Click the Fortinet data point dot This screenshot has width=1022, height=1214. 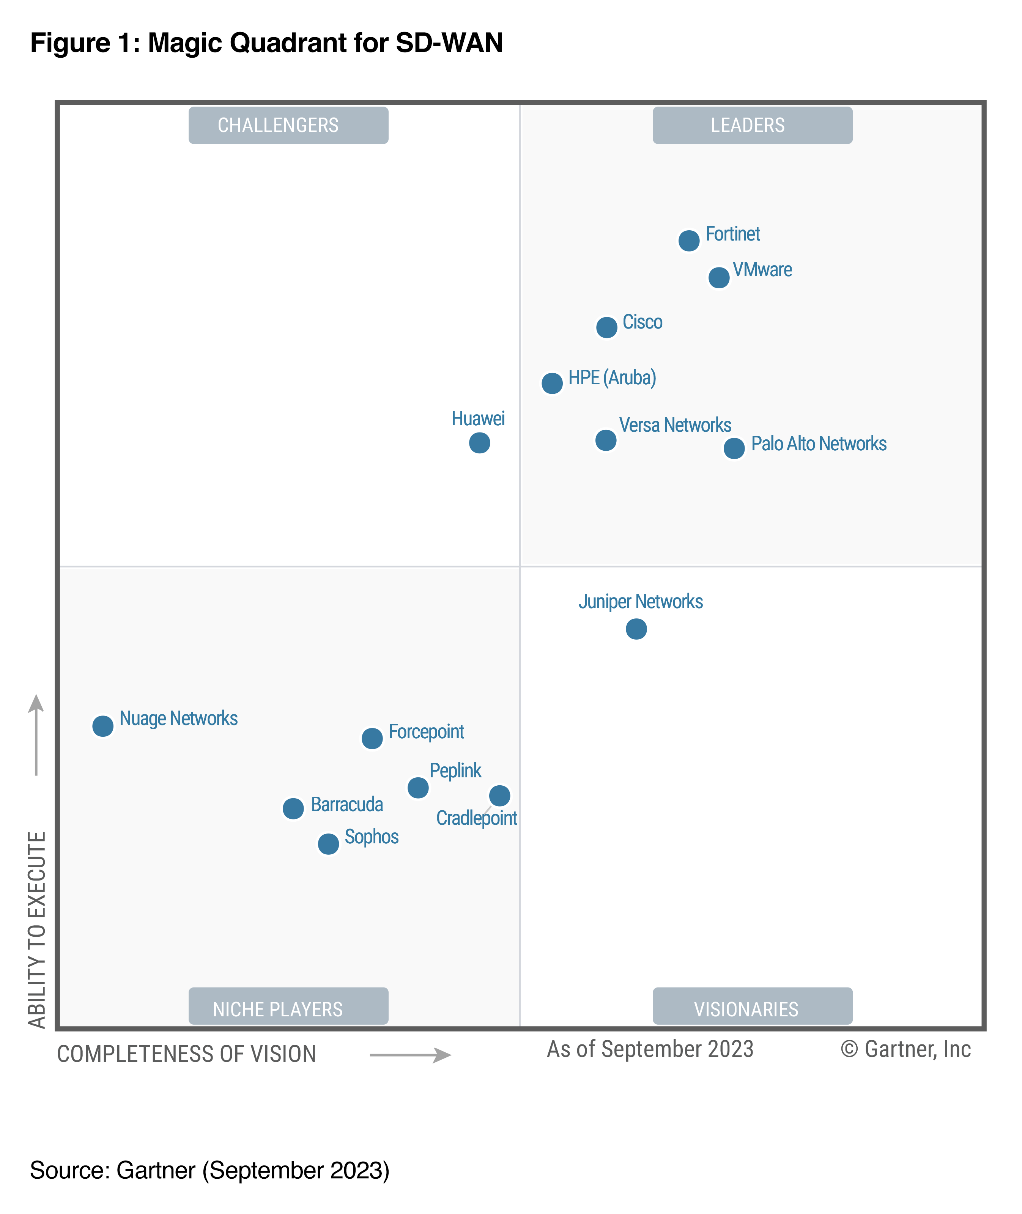pyautogui.click(x=688, y=241)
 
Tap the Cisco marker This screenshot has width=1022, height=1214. pyautogui.click(x=606, y=327)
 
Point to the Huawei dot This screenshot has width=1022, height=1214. pyautogui.click(x=479, y=443)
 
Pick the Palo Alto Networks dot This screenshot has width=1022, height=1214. pyautogui.click(x=734, y=448)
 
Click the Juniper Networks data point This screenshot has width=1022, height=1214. pyautogui.click(x=636, y=629)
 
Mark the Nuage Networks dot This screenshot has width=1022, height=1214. pyautogui.click(x=102, y=726)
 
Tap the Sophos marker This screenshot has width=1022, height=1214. pyautogui.click(x=328, y=844)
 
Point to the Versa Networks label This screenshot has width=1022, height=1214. pyautogui.click(x=675, y=425)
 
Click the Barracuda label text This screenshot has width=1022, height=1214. pyautogui.click(x=346, y=805)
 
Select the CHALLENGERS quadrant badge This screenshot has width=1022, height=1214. pyautogui.click(x=288, y=125)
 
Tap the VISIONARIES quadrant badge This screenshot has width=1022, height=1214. pyautogui.click(x=752, y=1009)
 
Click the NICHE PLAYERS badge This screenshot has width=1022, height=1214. pyautogui.click(x=288, y=1009)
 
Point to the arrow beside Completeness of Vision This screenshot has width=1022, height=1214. pyautogui.click(x=410, y=1055)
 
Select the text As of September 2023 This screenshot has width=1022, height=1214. pyautogui.click(x=650, y=1049)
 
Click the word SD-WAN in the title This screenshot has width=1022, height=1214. pyautogui.click(x=449, y=43)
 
